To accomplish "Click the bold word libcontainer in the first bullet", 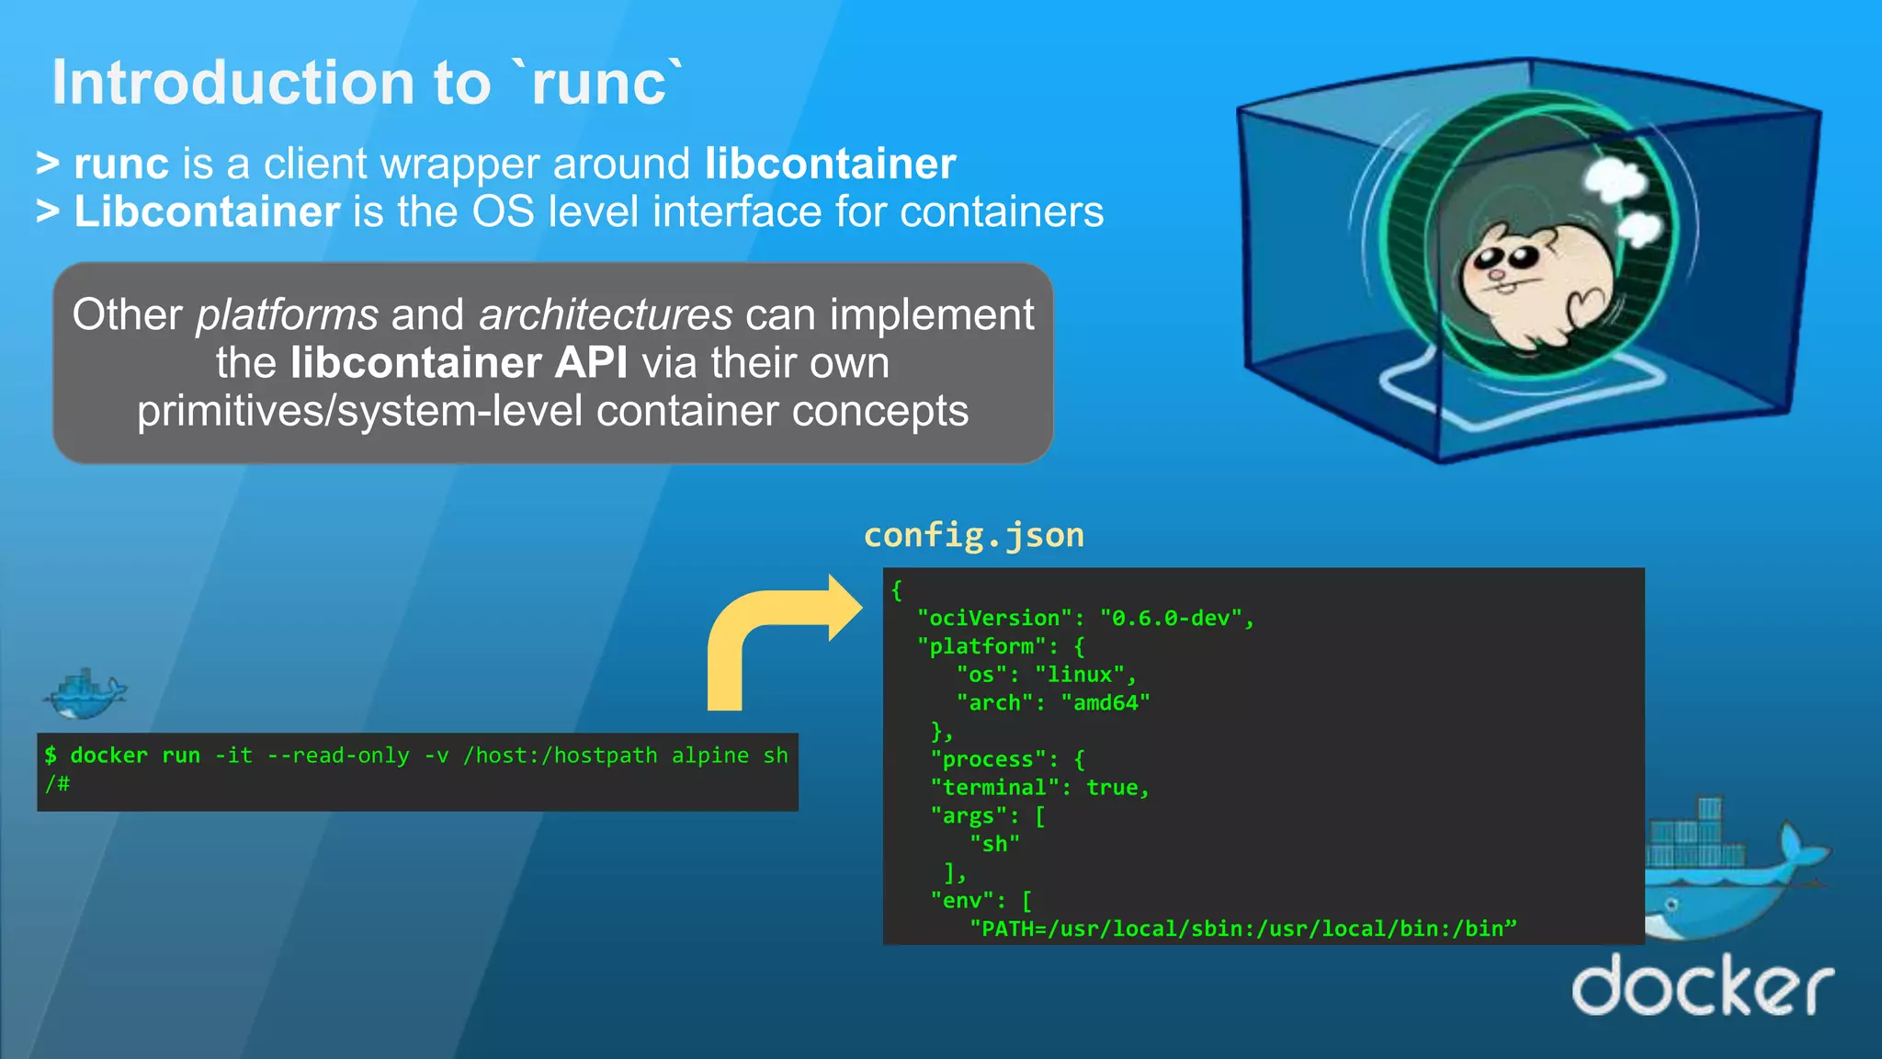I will (830, 164).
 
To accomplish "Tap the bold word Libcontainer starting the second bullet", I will (207, 211).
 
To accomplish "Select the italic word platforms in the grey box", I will (287, 315).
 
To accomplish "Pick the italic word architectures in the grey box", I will (605, 315).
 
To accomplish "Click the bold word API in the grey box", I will (591, 363).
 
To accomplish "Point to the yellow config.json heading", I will (973, 535).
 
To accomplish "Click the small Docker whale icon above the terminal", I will (85, 694).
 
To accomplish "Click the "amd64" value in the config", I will (1105, 703).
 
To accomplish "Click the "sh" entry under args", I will (994, 844).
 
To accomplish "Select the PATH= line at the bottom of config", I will (1242, 928).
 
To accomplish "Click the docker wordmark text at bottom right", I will (1702, 987).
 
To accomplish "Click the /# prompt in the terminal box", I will (57, 784).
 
